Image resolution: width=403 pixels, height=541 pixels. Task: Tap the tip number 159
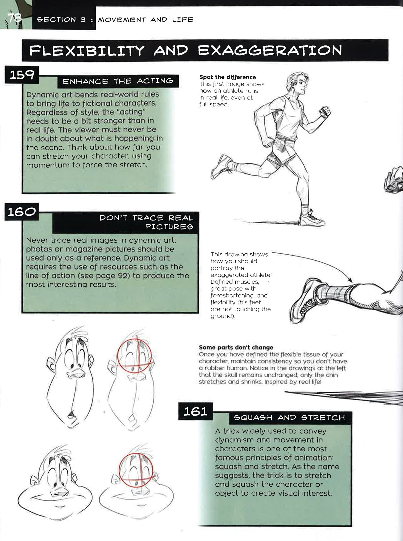pos(22,75)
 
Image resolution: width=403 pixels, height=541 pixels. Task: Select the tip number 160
pos(21,212)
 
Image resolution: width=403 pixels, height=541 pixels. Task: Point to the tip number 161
pos(195,411)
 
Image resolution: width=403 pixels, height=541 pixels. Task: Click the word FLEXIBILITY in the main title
pos(87,51)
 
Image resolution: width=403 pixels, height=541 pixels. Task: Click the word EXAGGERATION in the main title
pos(270,50)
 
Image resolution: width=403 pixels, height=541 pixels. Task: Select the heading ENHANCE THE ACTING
pos(118,81)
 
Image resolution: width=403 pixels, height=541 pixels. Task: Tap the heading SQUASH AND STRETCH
pos(289,418)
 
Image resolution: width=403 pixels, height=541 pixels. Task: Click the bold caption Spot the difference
pos(228,77)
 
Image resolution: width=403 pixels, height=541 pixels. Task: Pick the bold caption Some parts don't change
pos(236,347)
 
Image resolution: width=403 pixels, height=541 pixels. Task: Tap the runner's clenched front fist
pos(325,112)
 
